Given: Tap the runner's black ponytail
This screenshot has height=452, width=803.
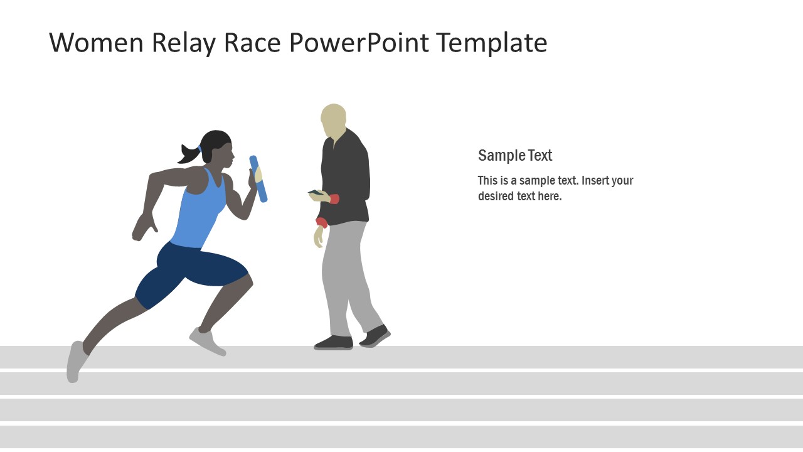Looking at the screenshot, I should point(189,154).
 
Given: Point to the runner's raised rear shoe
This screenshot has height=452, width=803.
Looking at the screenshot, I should point(75,362).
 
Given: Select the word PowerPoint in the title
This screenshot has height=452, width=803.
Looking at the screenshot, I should point(359,43).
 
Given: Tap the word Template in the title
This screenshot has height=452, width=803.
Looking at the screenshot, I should point(492,43).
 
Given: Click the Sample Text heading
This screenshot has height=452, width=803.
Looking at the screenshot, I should point(515,155).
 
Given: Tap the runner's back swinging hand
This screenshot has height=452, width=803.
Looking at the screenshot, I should point(144,227).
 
